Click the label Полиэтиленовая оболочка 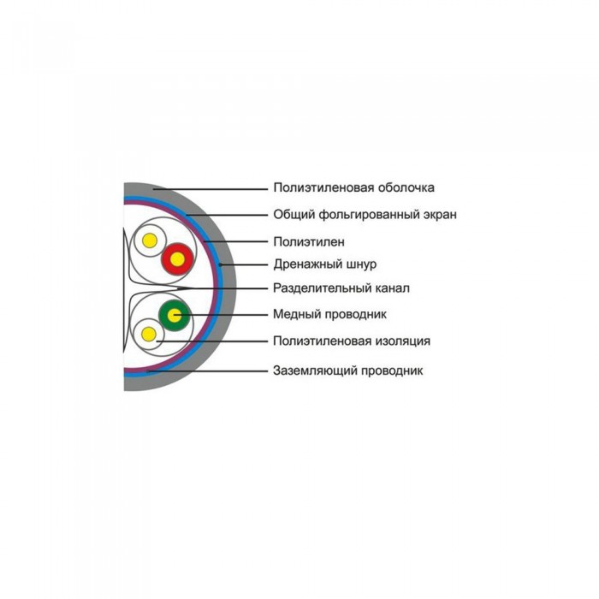[353, 187]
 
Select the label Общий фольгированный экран [365, 214]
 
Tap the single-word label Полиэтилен [309, 242]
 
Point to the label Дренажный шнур [324, 264]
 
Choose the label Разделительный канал [341, 288]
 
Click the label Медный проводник [329, 314]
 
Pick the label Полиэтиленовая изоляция [352, 341]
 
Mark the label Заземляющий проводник [347, 371]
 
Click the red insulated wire [178, 259]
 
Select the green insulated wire [175, 316]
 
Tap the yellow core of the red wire [178, 259]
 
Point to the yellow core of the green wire [175, 316]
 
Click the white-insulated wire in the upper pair [150, 240]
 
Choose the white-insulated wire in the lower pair [148, 335]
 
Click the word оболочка [406, 187]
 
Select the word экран [440, 215]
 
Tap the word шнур [360, 264]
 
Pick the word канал [391, 288]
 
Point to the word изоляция [403, 341]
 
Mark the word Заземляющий [316, 371]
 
